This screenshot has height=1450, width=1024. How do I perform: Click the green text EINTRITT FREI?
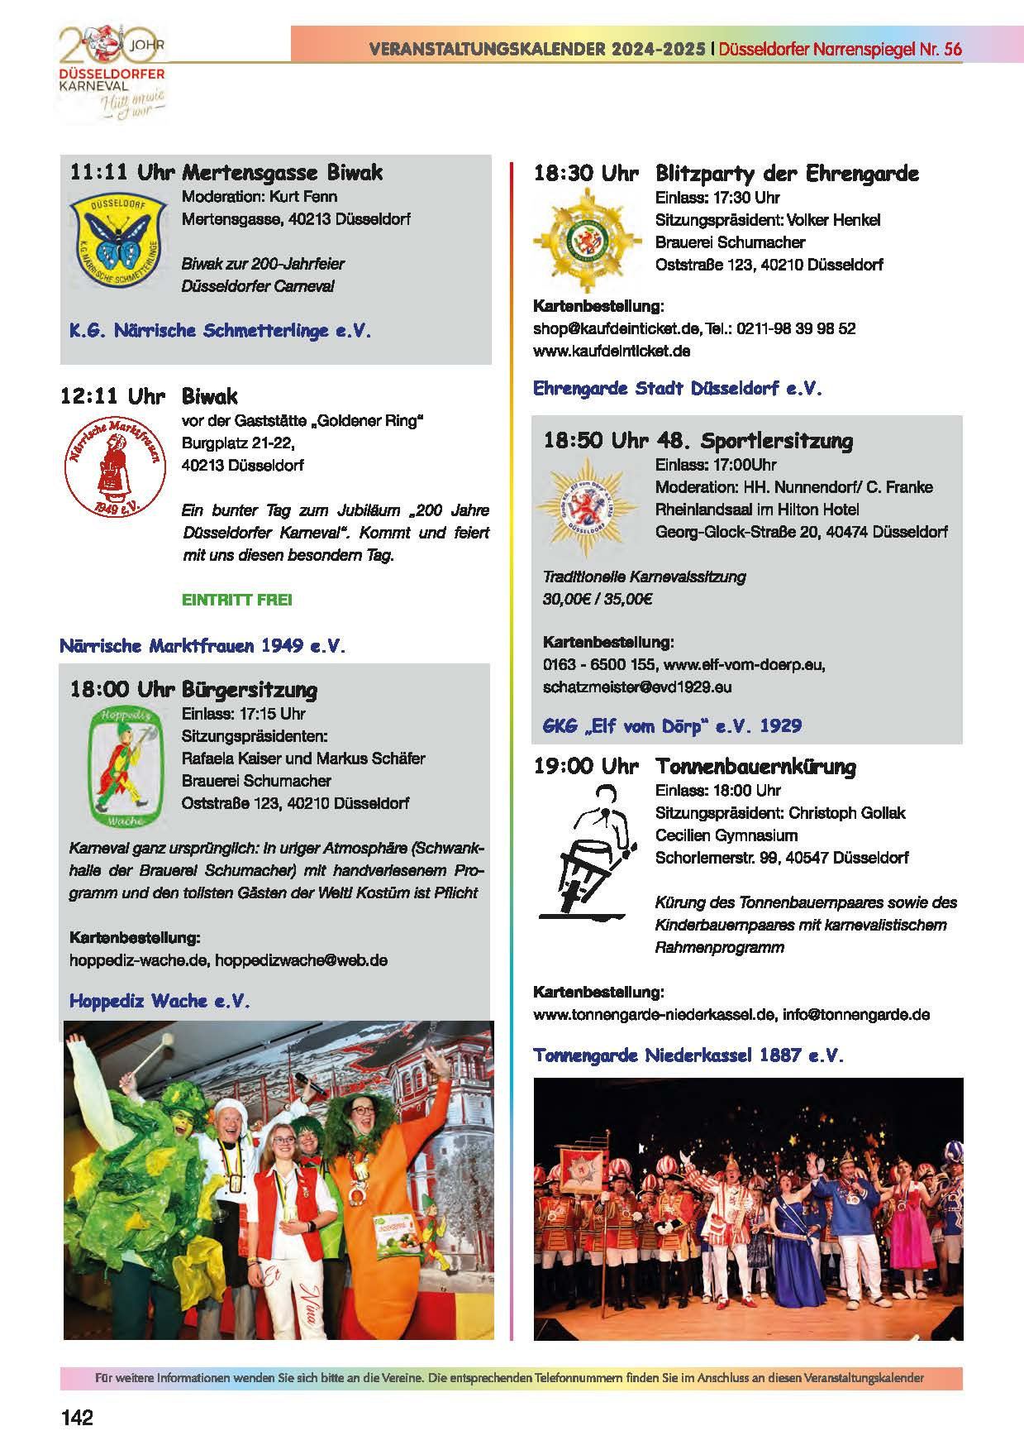(236, 600)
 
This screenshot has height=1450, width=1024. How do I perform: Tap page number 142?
(77, 1417)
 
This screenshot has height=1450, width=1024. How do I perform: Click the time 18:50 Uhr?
(595, 440)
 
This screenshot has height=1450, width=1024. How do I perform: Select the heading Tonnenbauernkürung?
(755, 767)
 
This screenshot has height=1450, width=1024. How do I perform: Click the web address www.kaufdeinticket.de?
(612, 351)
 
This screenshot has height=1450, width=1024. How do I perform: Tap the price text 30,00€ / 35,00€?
(597, 599)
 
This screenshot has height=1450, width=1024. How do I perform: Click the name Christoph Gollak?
(847, 813)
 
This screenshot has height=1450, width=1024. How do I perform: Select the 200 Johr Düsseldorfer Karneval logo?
(111, 73)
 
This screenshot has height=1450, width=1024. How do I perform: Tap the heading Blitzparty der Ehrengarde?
(786, 174)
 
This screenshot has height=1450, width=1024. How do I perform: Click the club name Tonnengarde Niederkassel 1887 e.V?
(688, 1055)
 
